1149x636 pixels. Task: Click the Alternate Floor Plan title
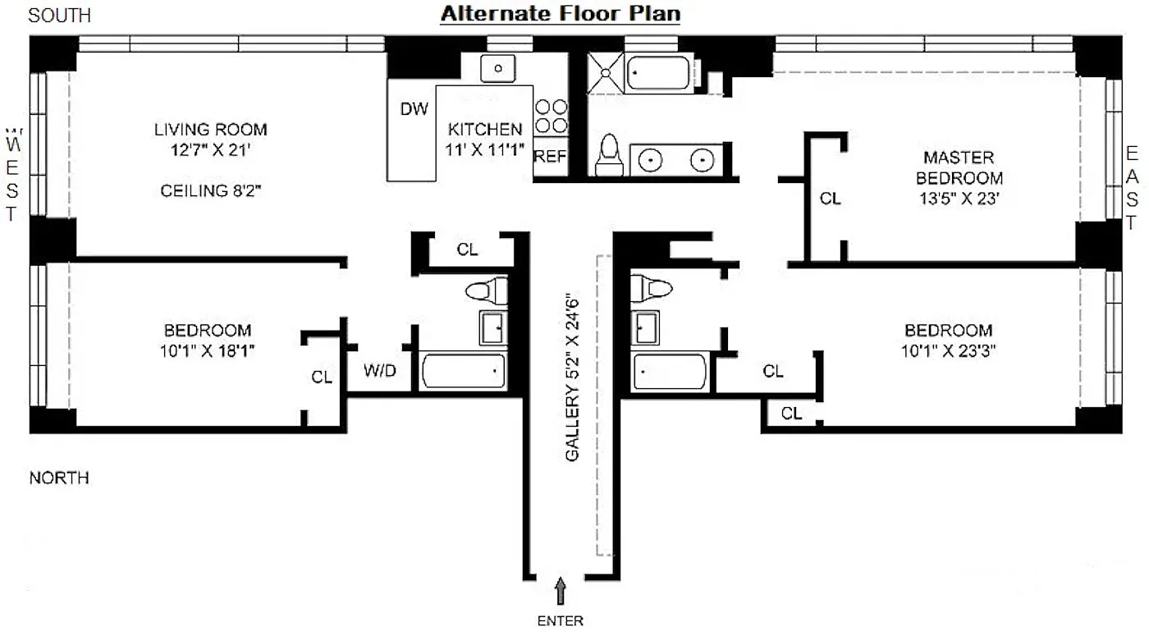point(560,14)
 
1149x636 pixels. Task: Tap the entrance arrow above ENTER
point(561,591)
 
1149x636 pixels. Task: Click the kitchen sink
point(497,68)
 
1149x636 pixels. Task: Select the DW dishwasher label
point(414,108)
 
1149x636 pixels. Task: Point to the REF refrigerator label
point(551,156)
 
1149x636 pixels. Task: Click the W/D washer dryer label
point(379,370)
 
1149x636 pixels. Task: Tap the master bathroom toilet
point(609,155)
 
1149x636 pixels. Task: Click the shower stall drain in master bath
point(606,73)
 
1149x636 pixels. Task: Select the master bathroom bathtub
point(658,73)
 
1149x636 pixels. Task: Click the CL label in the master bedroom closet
point(830,199)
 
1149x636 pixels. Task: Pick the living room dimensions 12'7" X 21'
point(210,150)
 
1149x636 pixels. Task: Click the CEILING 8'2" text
point(210,190)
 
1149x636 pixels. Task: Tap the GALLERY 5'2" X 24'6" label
point(572,377)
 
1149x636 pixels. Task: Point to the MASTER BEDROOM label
point(959,167)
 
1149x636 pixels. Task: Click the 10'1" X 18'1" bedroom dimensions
point(207,351)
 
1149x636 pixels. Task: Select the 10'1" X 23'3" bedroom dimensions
point(949,351)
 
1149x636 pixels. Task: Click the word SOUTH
point(59,16)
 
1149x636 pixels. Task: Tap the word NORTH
point(59,478)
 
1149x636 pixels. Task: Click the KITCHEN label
point(485,130)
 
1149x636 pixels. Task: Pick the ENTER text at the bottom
point(560,621)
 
